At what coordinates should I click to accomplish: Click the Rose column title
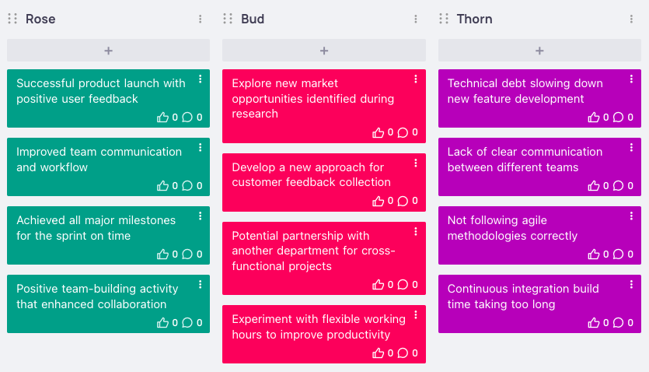pyautogui.click(x=40, y=19)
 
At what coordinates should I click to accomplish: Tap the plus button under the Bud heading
pyautogui.click(x=324, y=51)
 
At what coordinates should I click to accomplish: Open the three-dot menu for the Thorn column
pyautogui.click(x=631, y=19)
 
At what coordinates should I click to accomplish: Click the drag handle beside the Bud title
pyautogui.click(x=228, y=19)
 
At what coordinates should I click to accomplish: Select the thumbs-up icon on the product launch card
pyautogui.click(x=162, y=118)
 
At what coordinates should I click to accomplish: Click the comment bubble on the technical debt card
pyautogui.click(x=618, y=118)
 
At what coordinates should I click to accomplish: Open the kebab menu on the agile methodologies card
pyautogui.click(x=631, y=216)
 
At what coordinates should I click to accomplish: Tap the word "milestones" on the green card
pyautogui.click(x=147, y=220)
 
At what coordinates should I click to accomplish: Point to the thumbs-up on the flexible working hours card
pyautogui.click(x=378, y=353)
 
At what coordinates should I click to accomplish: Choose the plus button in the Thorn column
pyautogui.click(x=539, y=51)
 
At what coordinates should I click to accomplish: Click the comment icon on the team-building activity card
pyautogui.click(x=187, y=323)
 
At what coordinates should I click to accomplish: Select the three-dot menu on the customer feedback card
pyautogui.click(x=416, y=163)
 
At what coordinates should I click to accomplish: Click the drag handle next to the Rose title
pyautogui.click(x=12, y=19)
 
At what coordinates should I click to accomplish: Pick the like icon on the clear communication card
pyautogui.click(x=594, y=185)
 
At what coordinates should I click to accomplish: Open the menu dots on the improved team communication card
pyautogui.click(x=200, y=147)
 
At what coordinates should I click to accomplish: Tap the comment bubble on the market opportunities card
pyautogui.click(x=403, y=132)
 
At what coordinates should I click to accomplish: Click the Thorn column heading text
pyautogui.click(x=474, y=19)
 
